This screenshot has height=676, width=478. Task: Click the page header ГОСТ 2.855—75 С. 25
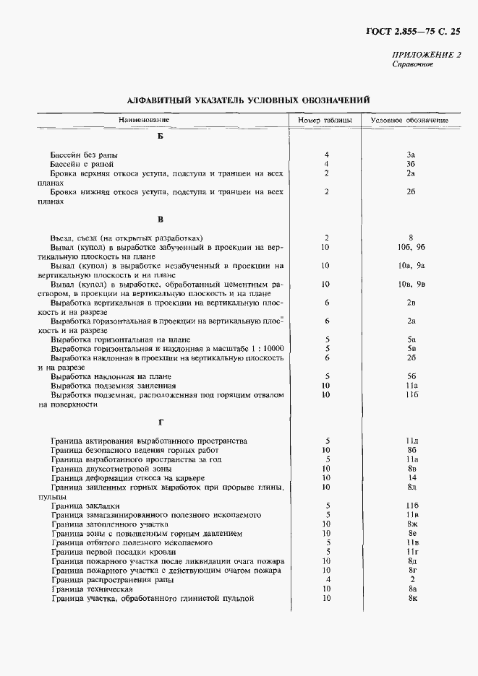(x=410, y=30)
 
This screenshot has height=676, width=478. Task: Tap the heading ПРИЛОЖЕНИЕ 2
(x=426, y=55)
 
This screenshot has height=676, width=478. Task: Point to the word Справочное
(x=412, y=64)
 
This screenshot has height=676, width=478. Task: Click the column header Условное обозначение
(x=409, y=120)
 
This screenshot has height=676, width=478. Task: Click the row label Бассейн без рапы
(x=84, y=155)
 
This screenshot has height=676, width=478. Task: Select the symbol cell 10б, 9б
(x=409, y=247)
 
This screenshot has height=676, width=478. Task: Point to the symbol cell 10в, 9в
(x=409, y=285)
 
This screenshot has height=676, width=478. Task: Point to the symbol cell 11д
(x=409, y=441)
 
